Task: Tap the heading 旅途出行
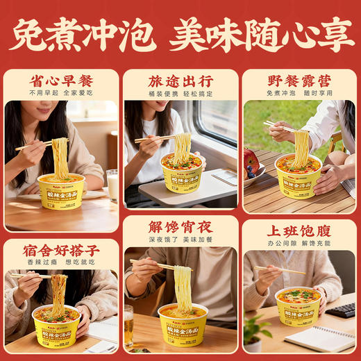(x=180, y=80)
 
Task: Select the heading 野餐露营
(x=299, y=80)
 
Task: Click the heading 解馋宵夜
(x=180, y=226)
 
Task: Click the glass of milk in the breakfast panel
(x=112, y=185)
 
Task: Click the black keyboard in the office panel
(x=342, y=310)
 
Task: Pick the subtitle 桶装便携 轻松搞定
(x=180, y=93)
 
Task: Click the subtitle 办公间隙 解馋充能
(x=299, y=244)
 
